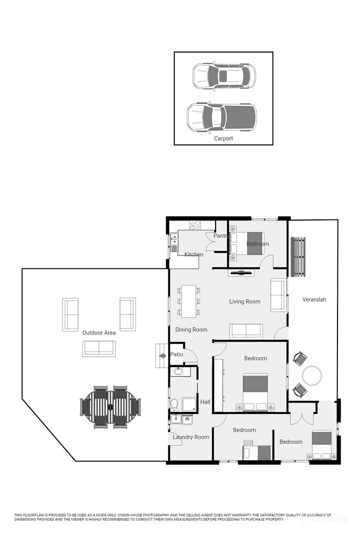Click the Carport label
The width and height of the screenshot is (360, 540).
tap(223, 138)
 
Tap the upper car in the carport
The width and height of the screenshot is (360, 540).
tap(224, 76)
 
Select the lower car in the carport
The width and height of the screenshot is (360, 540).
tap(221, 116)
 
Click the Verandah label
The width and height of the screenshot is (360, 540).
tap(314, 299)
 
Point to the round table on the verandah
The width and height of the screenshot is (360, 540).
tap(312, 375)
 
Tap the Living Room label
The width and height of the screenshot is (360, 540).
tap(245, 301)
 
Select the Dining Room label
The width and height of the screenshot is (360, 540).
tap(191, 329)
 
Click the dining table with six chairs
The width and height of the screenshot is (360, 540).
tap(188, 301)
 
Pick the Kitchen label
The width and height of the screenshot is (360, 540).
tap(194, 254)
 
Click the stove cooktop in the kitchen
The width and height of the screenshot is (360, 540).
tap(195, 225)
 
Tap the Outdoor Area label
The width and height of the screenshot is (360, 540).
tap(99, 332)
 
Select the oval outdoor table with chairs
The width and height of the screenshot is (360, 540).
tap(110, 406)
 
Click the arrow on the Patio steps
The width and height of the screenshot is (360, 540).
tap(162, 355)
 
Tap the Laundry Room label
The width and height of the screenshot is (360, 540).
tap(191, 437)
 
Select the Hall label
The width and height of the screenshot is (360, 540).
tap(205, 402)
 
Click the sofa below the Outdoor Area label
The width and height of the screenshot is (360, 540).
tap(99, 348)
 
